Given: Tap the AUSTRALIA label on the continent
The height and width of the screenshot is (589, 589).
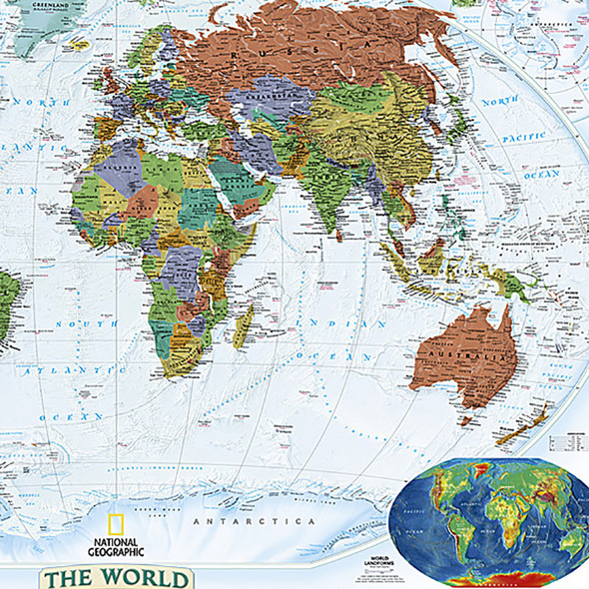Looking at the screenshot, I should pyautogui.click(x=461, y=355).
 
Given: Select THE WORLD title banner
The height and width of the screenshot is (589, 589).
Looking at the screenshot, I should pyautogui.click(x=113, y=578).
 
